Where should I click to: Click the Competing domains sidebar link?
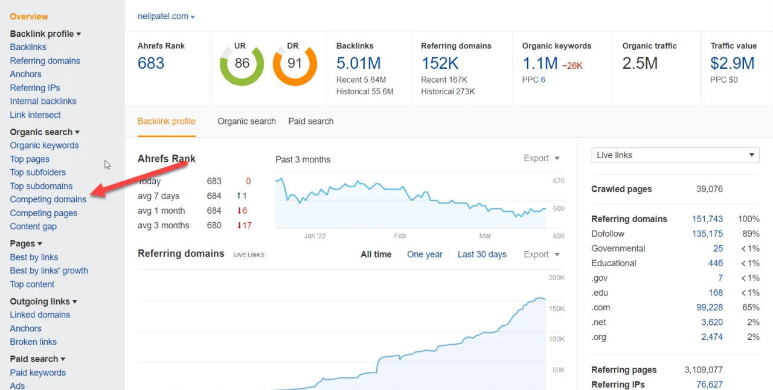pos(48,199)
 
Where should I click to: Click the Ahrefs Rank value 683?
pos(151,63)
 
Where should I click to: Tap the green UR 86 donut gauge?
pos(242,63)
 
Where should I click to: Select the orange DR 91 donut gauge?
pos(295,63)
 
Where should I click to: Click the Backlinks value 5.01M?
pos(358,63)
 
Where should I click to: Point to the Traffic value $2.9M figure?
pos(732,63)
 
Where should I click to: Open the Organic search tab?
pos(246,121)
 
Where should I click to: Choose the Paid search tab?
pos(310,121)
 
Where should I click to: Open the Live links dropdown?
pos(675,155)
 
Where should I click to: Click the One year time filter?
pos(425,255)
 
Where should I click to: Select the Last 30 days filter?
pos(481,255)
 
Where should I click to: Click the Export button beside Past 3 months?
pos(541,158)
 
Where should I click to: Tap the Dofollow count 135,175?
pos(707,234)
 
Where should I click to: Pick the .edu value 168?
pos(716,293)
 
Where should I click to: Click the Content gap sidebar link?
pos(33,226)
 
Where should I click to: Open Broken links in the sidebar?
pos(33,342)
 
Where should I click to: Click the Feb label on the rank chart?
pos(400,236)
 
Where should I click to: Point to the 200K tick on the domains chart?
pos(556,278)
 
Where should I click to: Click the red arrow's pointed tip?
pos(91,195)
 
